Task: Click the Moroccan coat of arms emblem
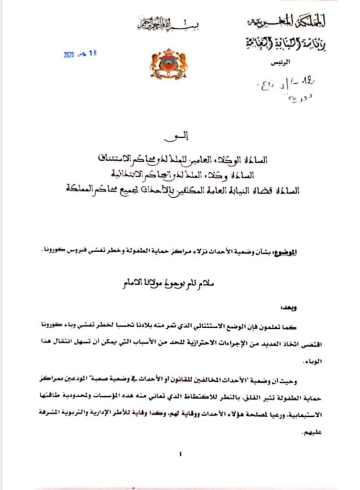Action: pos(169,64)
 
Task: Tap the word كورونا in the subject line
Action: pos(68,251)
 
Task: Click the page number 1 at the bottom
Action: pos(180,455)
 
